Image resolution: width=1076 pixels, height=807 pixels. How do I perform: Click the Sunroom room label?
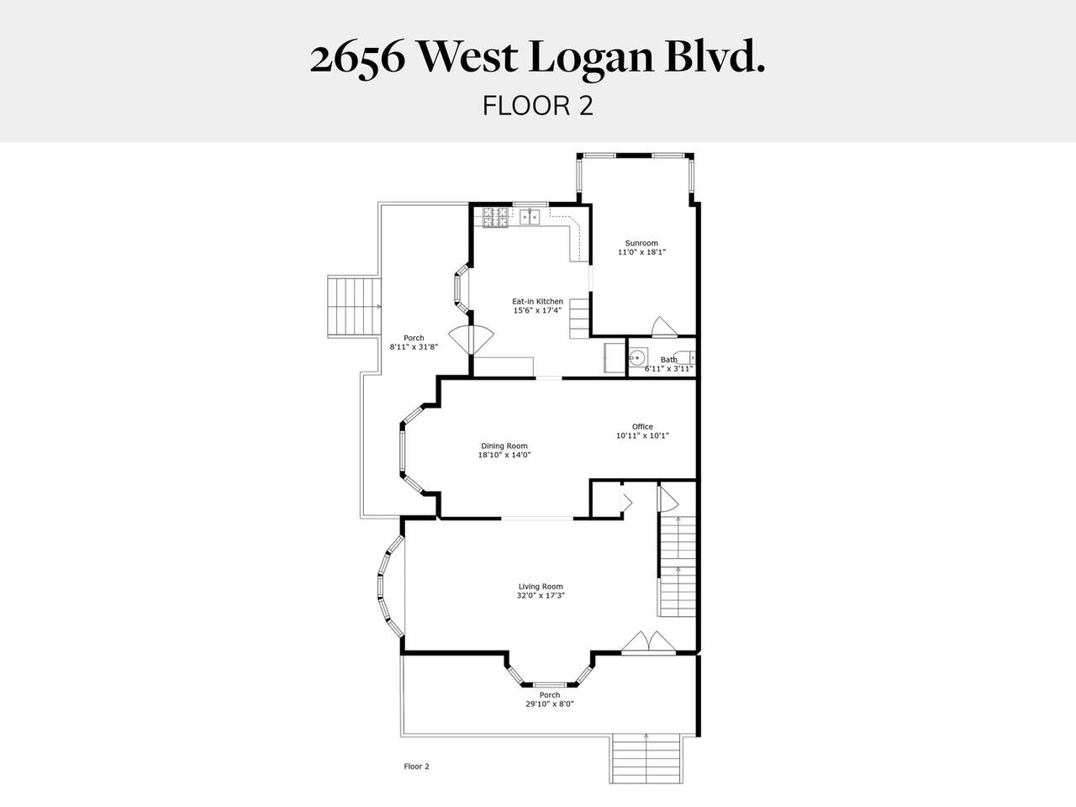tap(641, 243)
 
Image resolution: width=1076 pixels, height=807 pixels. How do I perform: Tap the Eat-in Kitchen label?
tap(537, 301)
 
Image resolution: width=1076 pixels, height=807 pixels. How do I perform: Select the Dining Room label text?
tap(504, 446)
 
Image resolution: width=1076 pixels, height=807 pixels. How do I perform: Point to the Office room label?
tap(642, 426)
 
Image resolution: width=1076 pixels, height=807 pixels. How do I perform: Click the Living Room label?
tap(541, 587)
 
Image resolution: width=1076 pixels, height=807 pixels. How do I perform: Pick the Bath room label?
tap(668, 360)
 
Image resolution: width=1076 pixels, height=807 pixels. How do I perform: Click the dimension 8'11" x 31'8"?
tap(414, 347)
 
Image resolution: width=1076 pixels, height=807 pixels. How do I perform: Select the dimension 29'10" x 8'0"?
tap(550, 704)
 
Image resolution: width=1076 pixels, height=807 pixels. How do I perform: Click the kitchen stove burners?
tap(496, 217)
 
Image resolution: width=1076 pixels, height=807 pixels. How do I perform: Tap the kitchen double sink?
tap(530, 216)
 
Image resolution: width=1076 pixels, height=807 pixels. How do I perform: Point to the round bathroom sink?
tap(638, 358)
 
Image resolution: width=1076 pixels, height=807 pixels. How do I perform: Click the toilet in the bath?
tap(683, 358)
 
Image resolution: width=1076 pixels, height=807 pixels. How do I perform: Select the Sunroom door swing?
tap(664, 327)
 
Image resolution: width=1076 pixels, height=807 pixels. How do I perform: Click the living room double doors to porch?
tap(648, 642)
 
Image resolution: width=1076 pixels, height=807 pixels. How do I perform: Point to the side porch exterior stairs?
tap(355, 306)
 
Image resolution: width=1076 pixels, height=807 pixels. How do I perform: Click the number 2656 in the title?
tap(358, 59)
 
